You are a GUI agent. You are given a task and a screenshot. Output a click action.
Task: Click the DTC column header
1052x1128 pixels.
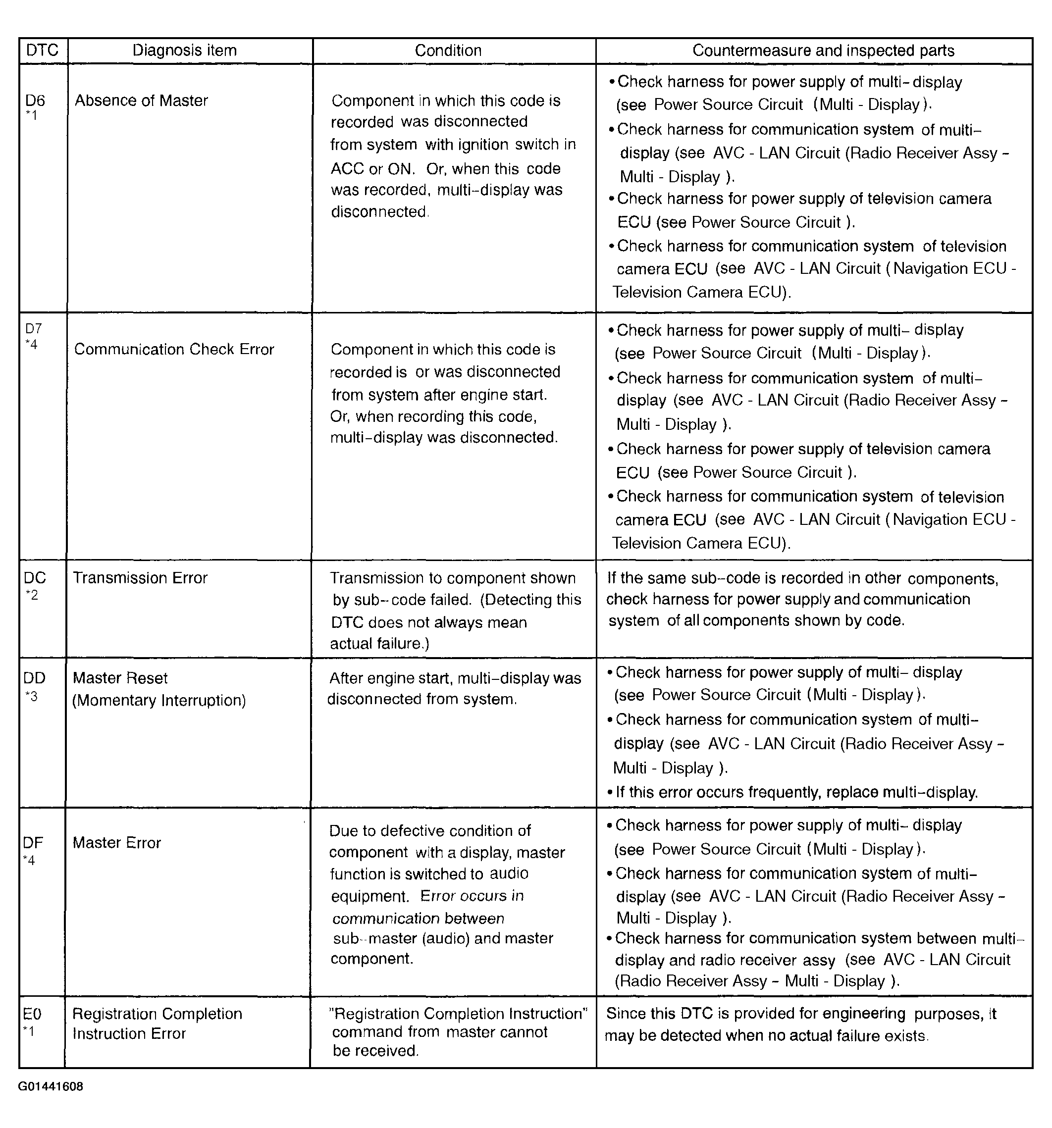tap(42, 51)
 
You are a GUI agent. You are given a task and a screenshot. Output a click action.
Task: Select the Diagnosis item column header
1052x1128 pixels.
tap(184, 51)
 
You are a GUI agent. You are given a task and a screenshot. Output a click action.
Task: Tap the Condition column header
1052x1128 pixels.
tap(448, 51)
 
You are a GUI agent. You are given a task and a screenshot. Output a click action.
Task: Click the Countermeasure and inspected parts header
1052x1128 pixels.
tap(823, 51)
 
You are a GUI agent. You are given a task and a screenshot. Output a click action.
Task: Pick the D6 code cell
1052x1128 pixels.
tap(35, 101)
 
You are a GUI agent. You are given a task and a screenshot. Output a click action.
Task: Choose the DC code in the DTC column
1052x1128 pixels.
tap(35, 578)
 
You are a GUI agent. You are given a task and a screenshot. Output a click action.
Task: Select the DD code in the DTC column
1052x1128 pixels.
tap(34, 678)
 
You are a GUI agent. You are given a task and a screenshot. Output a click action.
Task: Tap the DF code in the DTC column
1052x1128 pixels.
tap(33, 843)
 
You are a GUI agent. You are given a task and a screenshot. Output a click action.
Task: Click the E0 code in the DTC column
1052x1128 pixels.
tap(32, 1014)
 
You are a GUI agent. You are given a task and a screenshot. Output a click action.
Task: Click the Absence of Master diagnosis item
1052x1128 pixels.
tap(141, 101)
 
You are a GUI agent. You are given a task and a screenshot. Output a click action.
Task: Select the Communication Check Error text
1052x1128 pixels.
tap(174, 350)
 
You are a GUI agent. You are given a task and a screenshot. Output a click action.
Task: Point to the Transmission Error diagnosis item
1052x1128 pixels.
tap(140, 578)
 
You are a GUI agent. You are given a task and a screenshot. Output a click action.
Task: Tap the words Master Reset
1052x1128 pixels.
tap(120, 678)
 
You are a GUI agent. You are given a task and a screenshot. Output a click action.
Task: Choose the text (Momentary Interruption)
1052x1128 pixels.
tap(159, 701)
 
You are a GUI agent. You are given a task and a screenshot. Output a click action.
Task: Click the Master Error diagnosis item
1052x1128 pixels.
tap(116, 843)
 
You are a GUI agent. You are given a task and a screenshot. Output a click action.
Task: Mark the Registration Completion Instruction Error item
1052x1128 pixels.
tap(157, 1024)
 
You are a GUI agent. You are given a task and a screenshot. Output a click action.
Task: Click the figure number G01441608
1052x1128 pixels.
tap(51, 1086)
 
